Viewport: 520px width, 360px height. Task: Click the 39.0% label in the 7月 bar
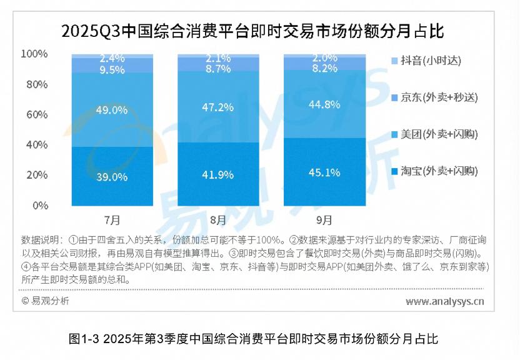pos(112,177)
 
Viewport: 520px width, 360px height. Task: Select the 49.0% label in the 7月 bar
pos(112,110)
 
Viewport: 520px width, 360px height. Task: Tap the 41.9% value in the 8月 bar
pos(218,174)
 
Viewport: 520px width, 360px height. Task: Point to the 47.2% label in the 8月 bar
pos(218,107)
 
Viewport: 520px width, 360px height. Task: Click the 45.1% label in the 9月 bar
pos(324,172)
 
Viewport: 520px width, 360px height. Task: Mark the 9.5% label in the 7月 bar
pos(112,69)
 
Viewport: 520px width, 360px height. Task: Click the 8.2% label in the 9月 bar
pos(324,68)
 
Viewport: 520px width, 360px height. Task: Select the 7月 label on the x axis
pos(112,219)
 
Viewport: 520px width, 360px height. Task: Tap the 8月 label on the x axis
pos(218,219)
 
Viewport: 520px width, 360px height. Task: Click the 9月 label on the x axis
pos(324,219)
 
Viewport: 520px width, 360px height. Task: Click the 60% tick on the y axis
pos(36,114)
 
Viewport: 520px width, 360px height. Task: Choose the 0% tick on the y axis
pos(39,205)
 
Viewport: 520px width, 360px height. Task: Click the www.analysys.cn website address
pos(444,302)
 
